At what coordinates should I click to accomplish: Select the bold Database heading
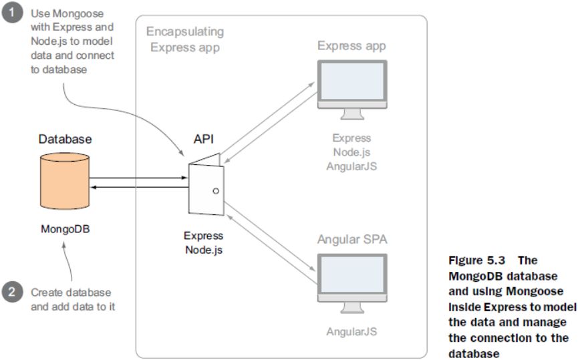(65, 140)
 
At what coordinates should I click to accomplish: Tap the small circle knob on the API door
(215, 191)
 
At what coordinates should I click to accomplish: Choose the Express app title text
(351, 46)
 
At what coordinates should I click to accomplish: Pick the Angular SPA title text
(352, 238)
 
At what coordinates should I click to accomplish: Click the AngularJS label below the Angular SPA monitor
(351, 331)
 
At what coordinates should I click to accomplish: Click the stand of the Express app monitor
(352, 118)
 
